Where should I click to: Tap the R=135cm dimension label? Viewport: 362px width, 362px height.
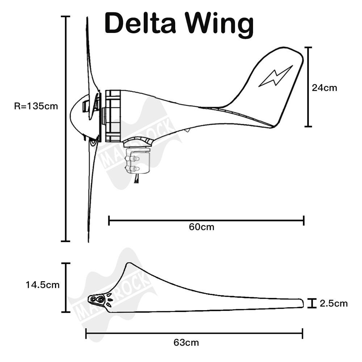pos(36,106)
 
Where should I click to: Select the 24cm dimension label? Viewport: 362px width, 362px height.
pos(325,88)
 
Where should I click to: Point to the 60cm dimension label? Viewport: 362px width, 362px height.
pos(201,227)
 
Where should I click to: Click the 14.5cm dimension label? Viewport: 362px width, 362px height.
pos(42,285)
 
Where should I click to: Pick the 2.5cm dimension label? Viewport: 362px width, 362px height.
pos(333,303)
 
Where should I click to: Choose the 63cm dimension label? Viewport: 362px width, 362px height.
pos(186,342)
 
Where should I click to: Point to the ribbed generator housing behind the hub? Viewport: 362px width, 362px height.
pos(113,116)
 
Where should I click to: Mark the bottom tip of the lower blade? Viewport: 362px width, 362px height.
pos(88,241)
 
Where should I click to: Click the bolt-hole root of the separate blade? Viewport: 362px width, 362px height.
pos(97,300)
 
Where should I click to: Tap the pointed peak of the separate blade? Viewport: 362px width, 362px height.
pos(127,264)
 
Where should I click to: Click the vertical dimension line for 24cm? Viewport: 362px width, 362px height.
pos(308,87)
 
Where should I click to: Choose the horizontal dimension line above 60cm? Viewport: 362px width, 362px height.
pos(206,220)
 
